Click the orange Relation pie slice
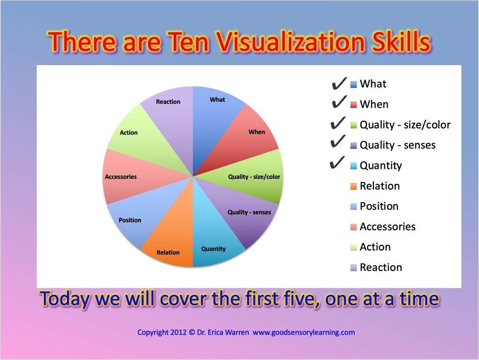click(x=171, y=237)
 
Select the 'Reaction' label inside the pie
click(x=168, y=101)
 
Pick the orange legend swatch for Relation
click(x=353, y=186)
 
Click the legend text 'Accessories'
click(x=388, y=227)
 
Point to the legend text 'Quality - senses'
click(x=398, y=145)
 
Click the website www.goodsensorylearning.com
click(x=303, y=332)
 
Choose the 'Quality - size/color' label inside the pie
click(x=254, y=177)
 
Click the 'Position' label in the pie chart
click(x=130, y=220)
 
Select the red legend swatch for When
click(x=353, y=105)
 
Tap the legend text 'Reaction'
click(x=381, y=267)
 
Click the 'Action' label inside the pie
click(x=129, y=132)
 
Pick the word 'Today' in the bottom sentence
click(x=66, y=299)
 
